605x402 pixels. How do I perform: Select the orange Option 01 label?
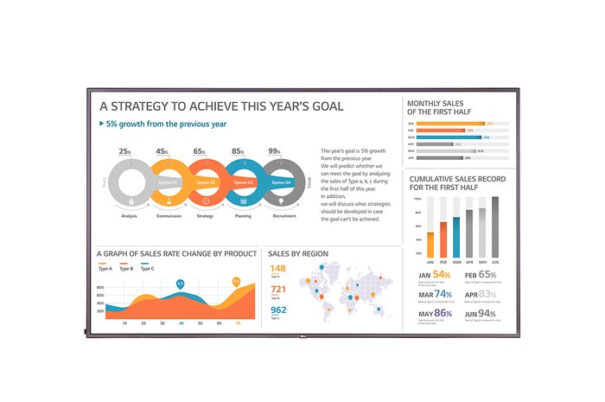point(167,182)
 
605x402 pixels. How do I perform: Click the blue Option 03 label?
point(243,182)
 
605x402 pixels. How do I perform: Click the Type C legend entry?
point(147,269)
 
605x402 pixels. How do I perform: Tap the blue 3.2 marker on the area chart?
point(180,284)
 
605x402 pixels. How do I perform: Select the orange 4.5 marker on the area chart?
point(236,281)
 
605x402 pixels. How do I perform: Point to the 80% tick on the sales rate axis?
point(100,286)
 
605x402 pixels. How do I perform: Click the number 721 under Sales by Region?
point(278,290)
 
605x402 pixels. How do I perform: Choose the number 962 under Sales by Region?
point(278,309)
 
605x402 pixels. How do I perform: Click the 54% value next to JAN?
point(442,275)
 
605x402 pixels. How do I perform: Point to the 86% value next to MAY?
point(443,314)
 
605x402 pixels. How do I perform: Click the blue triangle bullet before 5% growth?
point(101,124)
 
